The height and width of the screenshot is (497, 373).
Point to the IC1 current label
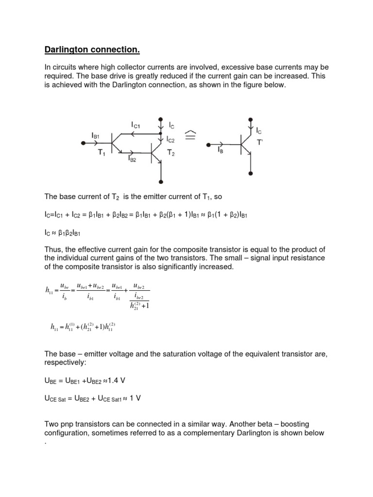137,125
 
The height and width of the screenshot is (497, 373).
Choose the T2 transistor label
171,153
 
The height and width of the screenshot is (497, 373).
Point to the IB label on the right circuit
221,151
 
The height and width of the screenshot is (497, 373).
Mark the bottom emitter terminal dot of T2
160,182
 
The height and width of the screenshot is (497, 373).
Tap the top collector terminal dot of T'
250,119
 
